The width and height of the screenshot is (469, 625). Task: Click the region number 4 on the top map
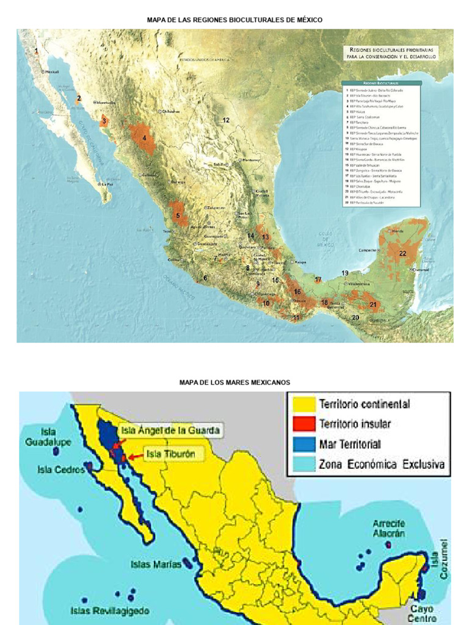coord(144,138)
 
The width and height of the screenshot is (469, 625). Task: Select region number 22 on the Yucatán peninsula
coord(402,253)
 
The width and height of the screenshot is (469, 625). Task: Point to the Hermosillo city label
coord(106,103)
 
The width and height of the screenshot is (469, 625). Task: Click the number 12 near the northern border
coord(226,120)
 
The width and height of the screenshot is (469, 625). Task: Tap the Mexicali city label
coord(53,71)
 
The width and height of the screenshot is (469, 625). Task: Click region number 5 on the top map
coord(178,215)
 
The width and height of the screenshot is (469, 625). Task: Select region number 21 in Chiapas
coord(373,305)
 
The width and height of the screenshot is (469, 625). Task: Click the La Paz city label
coord(107,184)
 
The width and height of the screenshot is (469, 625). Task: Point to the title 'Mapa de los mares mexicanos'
coord(234,383)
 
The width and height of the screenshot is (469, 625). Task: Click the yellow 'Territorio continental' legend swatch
coord(302,404)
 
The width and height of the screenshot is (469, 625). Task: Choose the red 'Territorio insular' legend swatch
coord(302,424)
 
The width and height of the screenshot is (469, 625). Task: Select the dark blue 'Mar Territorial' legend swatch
coord(302,444)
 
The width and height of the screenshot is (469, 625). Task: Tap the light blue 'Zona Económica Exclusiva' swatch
coord(302,464)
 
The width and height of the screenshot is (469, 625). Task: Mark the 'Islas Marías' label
coord(156,565)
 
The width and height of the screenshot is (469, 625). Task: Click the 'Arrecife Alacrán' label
coord(389,528)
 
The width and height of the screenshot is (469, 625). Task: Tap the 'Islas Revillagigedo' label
coord(110,610)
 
